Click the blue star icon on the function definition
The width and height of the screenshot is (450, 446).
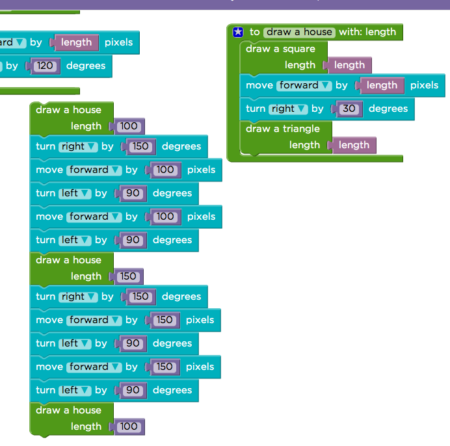point(238,32)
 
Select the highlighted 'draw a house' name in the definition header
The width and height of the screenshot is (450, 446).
point(299,32)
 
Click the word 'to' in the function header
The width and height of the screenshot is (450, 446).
point(254,32)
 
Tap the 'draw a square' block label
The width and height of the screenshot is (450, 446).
point(280,49)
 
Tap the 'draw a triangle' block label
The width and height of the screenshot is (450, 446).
point(283,129)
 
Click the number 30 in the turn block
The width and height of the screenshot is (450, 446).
point(349,109)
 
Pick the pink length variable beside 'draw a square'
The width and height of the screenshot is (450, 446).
point(349,65)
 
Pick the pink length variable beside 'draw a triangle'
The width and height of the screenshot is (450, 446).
point(354,145)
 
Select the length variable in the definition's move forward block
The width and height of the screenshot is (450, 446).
point(382,85)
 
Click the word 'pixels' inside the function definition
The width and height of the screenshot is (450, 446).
point(424,85)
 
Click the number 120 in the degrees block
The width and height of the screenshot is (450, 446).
point(45,66)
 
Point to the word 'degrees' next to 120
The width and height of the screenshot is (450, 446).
point(86,66)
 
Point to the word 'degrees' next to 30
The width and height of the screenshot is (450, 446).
point(388,109)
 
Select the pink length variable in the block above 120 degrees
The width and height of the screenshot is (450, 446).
point(76,42)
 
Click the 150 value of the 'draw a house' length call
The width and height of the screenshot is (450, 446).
point(128,276)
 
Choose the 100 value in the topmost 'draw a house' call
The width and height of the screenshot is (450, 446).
point(128,126)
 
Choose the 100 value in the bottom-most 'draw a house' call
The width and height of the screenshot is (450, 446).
point(128,426)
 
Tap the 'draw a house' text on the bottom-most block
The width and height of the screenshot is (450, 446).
point(68,410)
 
